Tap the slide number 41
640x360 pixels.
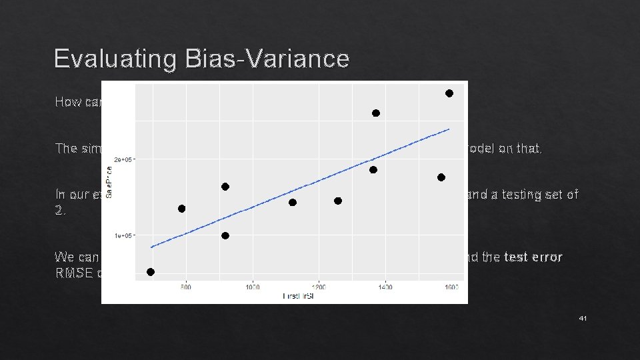point(583,319)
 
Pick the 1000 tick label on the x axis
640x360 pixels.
point(252,287)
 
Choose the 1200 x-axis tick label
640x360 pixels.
point(319,287)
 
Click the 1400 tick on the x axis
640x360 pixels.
point(385,287)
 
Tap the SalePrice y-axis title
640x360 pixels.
point(110,181)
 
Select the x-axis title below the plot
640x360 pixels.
point(298,296)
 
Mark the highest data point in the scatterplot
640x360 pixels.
point(449,93)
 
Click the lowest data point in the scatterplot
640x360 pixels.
point(151,272)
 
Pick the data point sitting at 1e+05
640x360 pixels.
point(225,235)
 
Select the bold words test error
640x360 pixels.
point(533,257)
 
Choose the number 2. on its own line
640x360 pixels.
point(60,210)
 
